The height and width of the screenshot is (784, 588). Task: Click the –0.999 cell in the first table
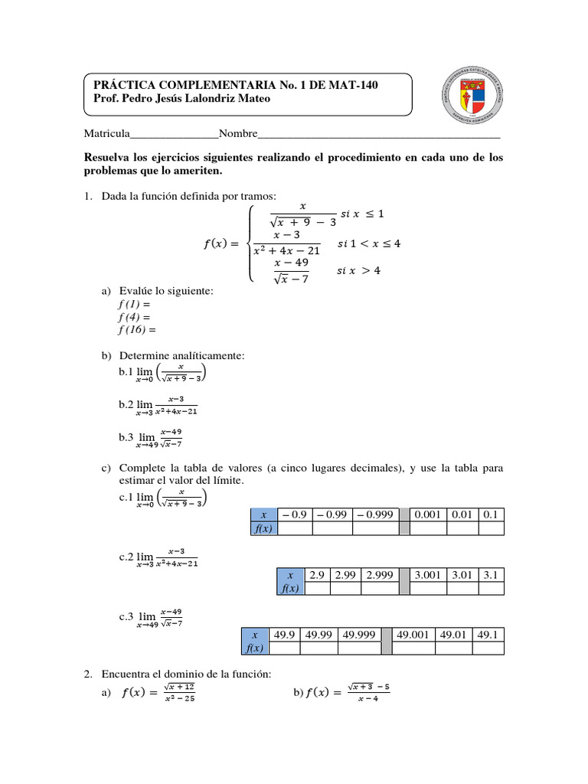375,515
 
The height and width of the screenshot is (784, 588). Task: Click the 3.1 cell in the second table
492,574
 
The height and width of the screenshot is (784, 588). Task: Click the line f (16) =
136,330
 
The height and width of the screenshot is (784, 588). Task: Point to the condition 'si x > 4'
358,271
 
